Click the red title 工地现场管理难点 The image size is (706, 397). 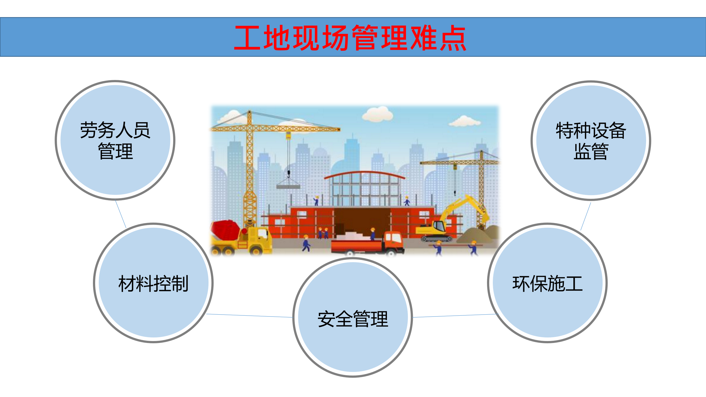[350, 38]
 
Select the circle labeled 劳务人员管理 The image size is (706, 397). [115, 140]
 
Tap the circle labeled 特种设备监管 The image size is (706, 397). [591, 140]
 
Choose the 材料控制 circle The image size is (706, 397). [153, 283]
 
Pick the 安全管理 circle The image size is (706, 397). [353, 318]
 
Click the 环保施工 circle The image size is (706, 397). [547, 283]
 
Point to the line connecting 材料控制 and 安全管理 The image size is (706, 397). [250, 316]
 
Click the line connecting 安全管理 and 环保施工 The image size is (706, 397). [455, 316]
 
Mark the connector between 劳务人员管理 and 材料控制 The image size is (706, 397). [121, 214]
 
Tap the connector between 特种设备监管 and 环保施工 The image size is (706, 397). [586, 216]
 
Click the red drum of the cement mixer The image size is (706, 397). [225, 229]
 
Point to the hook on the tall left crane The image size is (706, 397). [288, 173]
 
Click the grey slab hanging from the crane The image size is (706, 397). [288, 187]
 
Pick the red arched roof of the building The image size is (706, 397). [364, 173]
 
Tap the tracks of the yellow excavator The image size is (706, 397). [437, 238]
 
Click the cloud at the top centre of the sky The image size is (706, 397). [378, 114]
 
